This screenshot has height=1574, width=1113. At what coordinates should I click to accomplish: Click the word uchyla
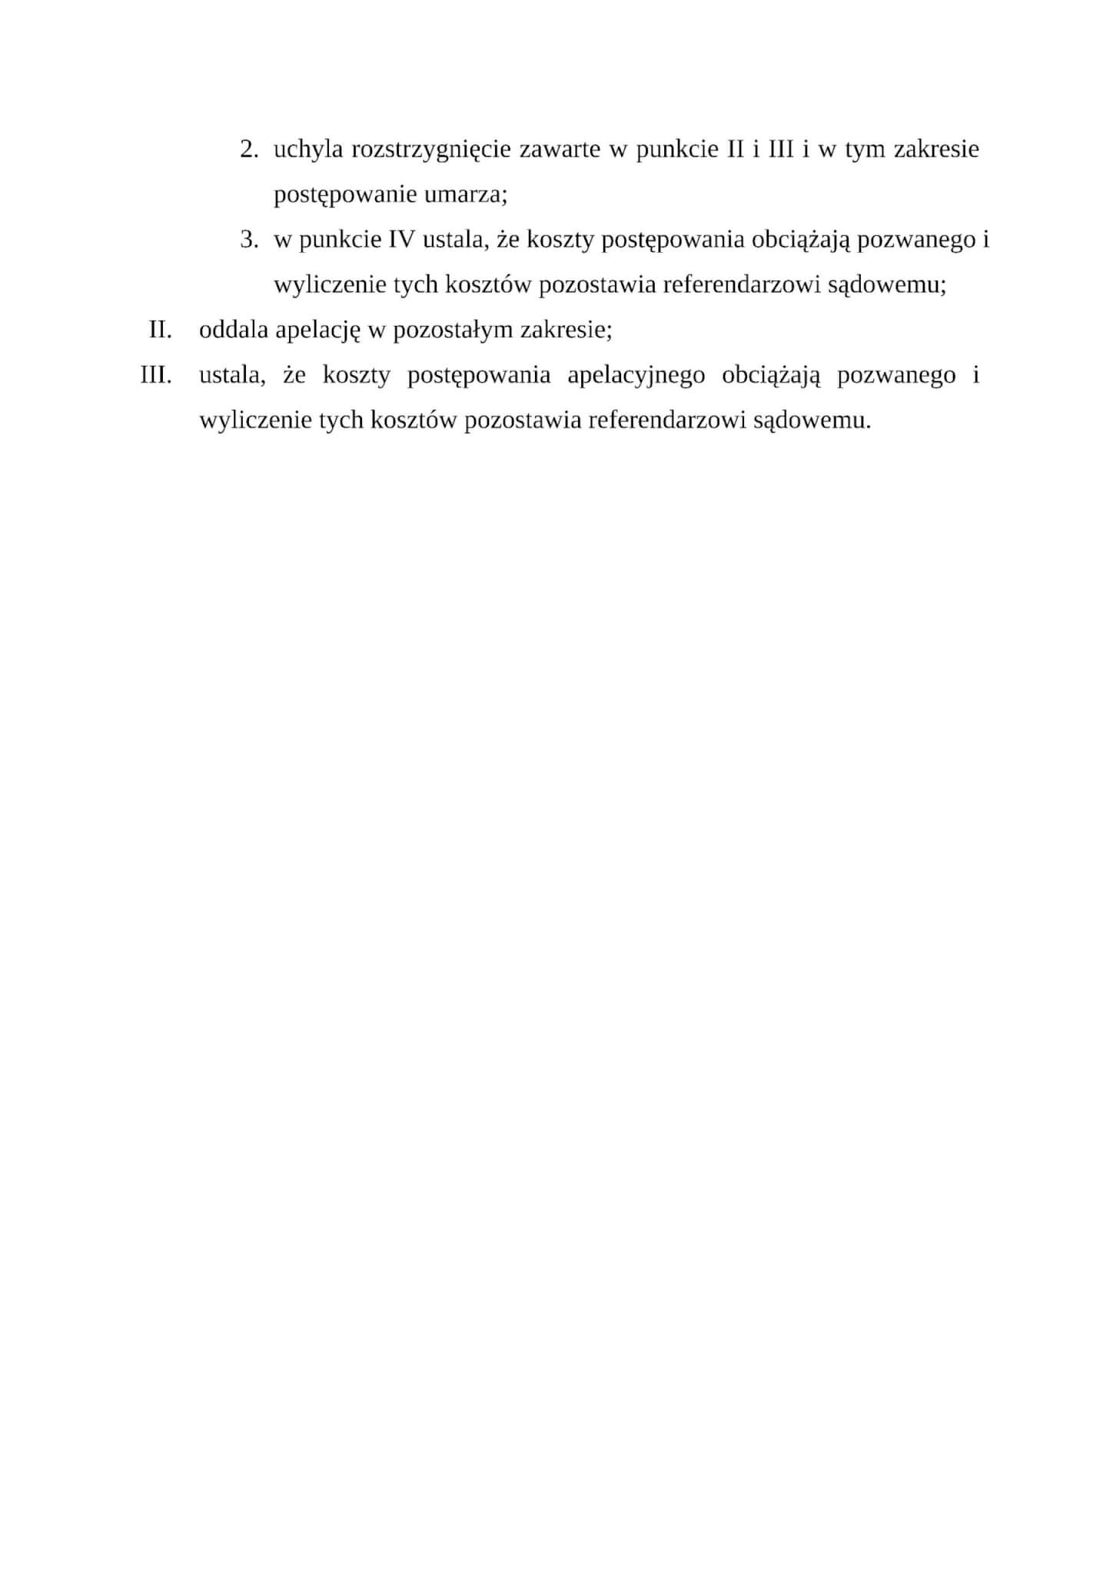tap(307, 150)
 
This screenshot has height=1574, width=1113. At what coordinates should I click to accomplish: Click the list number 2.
tap(248, 150)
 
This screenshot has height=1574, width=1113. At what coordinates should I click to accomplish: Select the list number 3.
tap(248, 240)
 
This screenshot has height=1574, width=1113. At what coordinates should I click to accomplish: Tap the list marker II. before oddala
tap(160, 330)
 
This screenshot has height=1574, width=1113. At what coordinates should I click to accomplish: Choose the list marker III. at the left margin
tap(156, 376)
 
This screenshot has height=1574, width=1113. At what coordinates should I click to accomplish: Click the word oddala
tap(234, 330)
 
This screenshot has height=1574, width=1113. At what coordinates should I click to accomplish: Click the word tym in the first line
tap(864, 150)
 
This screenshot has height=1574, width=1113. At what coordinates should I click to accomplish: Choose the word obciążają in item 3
tap(800, 241)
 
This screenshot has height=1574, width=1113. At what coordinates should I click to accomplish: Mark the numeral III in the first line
tap(781, 150)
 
